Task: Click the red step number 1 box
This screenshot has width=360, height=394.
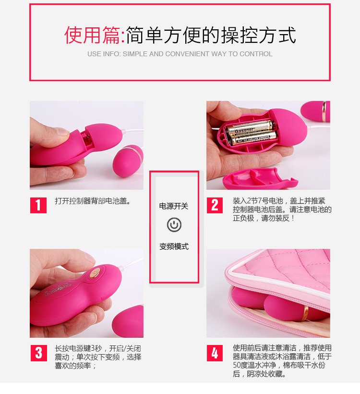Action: point(38,205)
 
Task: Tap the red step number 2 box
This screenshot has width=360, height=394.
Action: point(215,205)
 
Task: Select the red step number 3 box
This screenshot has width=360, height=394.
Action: point(39,353)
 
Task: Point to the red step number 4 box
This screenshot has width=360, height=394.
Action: point(215,353)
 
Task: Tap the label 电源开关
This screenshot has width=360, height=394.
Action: point(174,206)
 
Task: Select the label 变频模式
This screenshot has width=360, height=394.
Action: point(174,246)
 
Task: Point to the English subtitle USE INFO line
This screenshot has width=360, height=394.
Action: point(180,54)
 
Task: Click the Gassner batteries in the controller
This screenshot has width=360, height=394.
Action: point(251,133)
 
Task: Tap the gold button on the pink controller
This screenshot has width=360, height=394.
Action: point(95,272)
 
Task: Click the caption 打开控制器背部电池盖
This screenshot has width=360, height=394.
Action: point(93,201)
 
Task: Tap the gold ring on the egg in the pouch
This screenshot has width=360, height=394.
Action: point(306,313)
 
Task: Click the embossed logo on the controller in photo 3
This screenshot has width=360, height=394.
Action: point(58,289)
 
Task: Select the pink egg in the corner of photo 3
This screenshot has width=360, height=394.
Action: point(128,321)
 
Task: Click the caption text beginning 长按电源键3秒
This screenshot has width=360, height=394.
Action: point(98,357)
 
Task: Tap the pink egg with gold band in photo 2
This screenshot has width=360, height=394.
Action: point(315,111)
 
